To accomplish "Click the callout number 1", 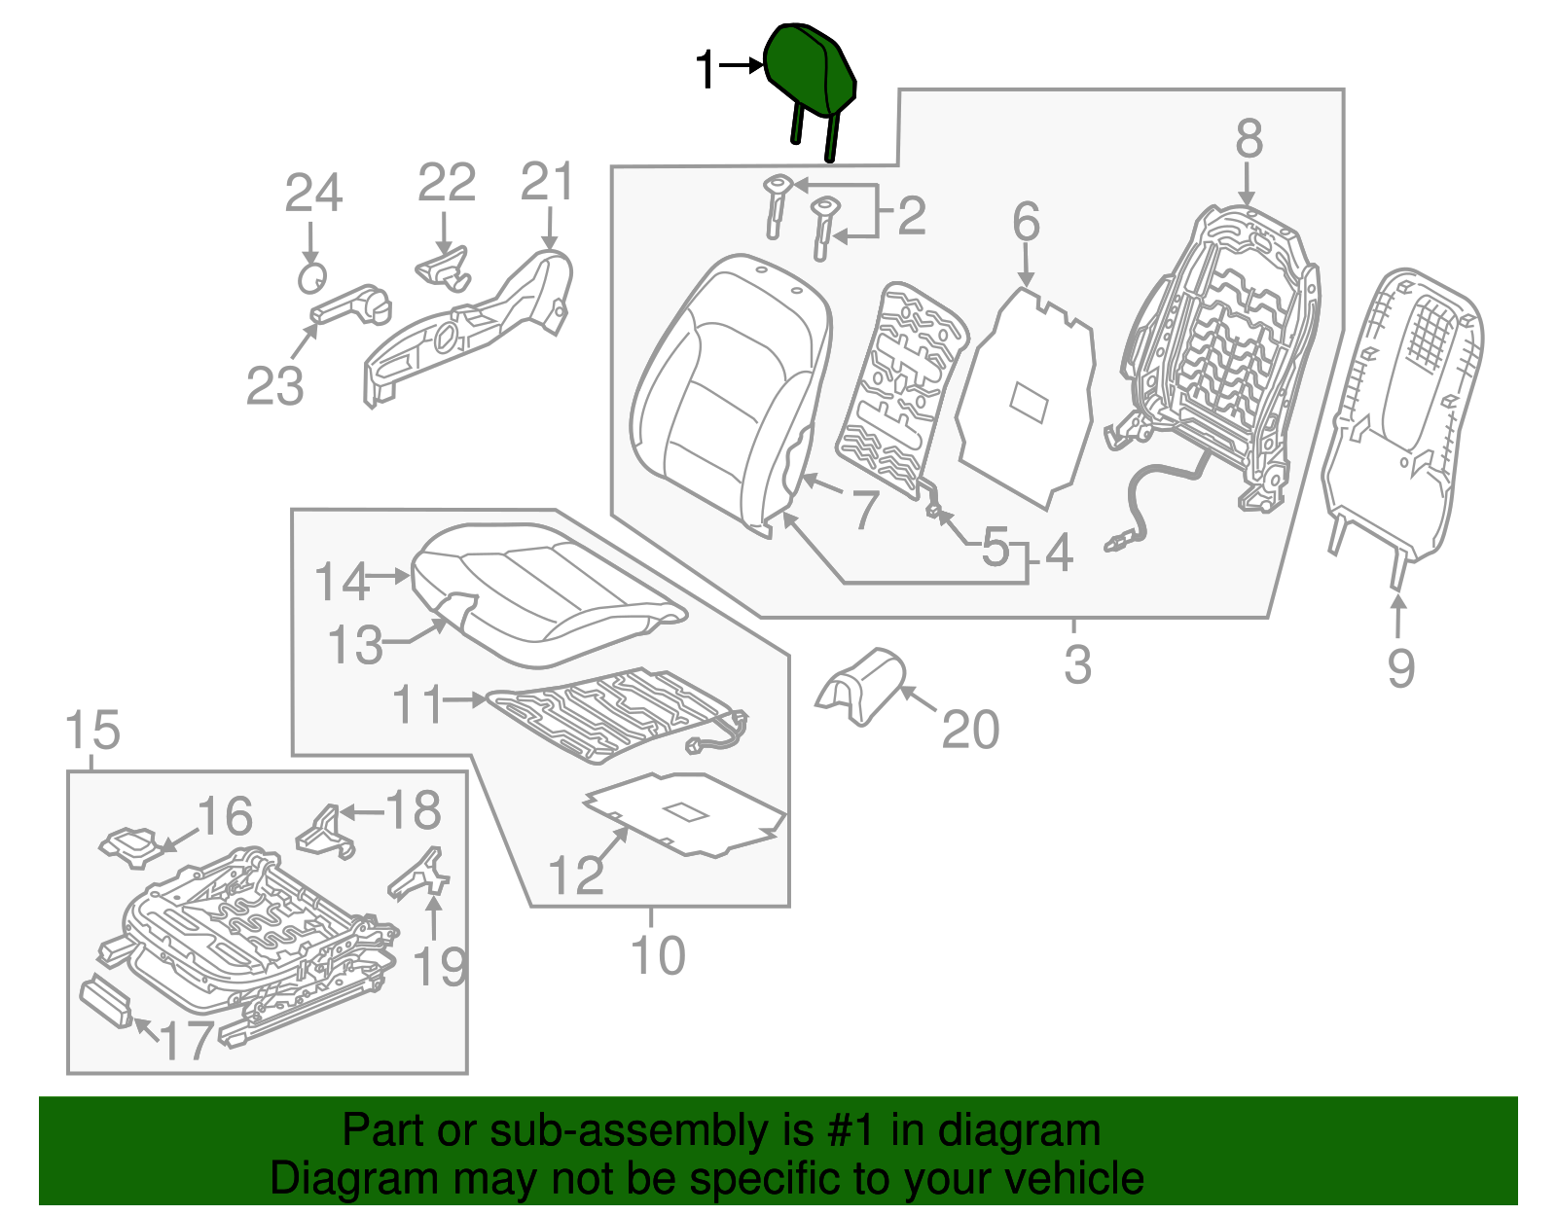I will [706, 71].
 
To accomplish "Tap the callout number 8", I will [1249, 139].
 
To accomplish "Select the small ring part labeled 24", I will [310, 277].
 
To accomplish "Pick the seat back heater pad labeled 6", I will [1027, 399].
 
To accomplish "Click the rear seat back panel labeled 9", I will [1401, 418].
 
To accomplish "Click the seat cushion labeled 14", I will [545, 593].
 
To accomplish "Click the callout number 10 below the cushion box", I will [658, 955].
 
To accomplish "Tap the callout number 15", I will [92, 730].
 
